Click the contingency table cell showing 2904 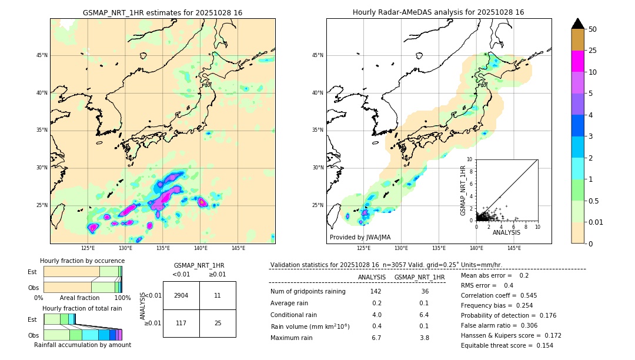pyautogui.click(x=181, y=295)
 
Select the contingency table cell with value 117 pyautogui.click(x=181, y=323)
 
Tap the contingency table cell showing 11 pyautogui.click(x=218, y=295)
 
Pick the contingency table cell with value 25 pyautogui.click(x=218, y=323)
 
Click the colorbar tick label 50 pyautogui.click(x=593, y=29)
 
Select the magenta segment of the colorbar pyautogui.click(x=578, y=61)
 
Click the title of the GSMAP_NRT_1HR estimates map pyautogui.click(x=162, y=12)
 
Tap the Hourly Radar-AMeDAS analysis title pyautogui.click(x=438, y=12)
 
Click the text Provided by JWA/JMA pyautogui.click(x=360, y=237)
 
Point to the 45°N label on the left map pyautogui.click(x=42, y=55)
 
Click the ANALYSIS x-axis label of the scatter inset pyautogui.click(x=506, y=233)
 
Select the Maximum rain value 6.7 pyautogui.click(x=376, y=338)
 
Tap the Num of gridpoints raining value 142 pyautogui.click(x=376, y=291)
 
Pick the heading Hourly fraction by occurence pyautogui.click(x=82, y=261)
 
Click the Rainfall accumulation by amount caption pyautogui.click(x=82, y=345)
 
